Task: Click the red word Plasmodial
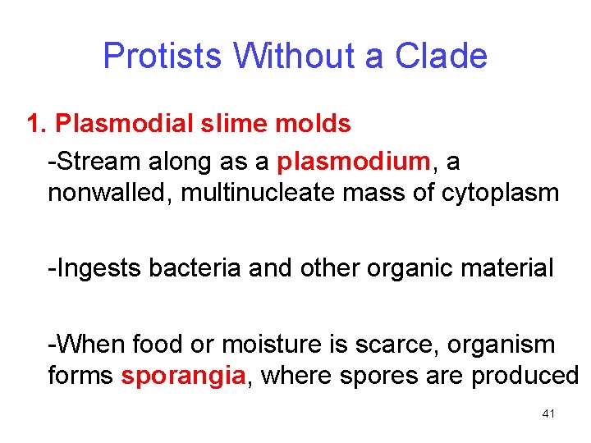123,124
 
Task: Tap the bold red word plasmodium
353,162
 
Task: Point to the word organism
505,344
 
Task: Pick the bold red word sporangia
183,376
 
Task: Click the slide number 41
548,414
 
